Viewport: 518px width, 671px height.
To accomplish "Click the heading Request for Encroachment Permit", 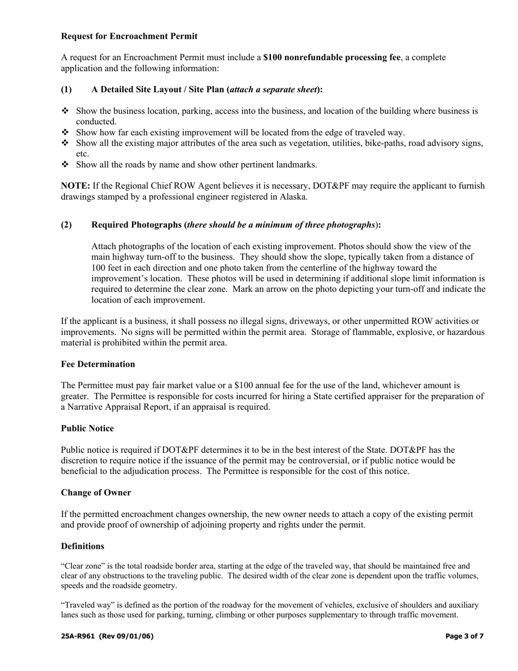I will click(129, 36).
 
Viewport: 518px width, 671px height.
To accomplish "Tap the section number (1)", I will click(66, 89).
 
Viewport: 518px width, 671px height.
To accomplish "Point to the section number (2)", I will click(66, 225).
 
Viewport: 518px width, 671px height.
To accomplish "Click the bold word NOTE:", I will click(75, 186).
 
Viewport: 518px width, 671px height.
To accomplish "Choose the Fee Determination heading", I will click(98, 364).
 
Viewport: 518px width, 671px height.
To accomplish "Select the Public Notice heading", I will click(87, 428).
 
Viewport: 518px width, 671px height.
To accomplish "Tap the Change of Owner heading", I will click(96, 493).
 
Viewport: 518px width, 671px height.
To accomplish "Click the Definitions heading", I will click(82, 546).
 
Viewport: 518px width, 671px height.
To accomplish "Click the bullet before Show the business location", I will click(65, 111).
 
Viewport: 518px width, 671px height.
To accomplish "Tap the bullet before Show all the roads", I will click(65, 164).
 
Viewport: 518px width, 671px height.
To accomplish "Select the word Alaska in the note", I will click(294, 197).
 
